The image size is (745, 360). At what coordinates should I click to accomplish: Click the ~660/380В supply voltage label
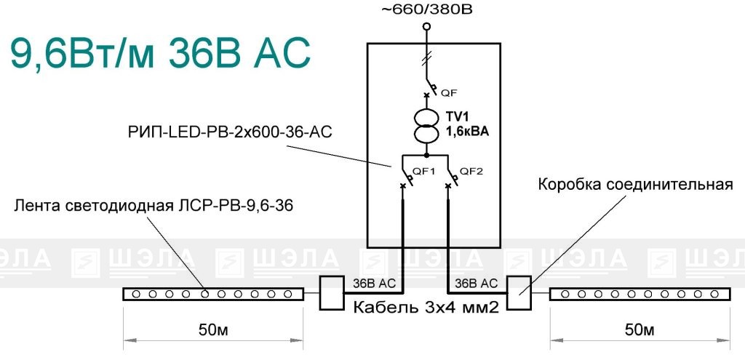point(426,9)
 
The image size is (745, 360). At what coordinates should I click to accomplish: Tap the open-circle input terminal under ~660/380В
point(426,26)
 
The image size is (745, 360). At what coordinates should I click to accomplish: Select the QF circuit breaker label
point(449,94)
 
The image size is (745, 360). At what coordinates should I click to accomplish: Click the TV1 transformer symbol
point(426,125)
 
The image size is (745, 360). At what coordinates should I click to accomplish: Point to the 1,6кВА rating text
point(467,134)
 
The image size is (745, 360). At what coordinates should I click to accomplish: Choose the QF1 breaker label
point(424,172)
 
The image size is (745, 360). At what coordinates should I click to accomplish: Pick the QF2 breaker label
point(471,172)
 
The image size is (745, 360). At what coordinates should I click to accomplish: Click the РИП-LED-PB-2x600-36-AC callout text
point(229,132)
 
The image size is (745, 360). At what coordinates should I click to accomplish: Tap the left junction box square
point(331,293)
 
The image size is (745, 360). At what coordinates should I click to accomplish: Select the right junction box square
point(518,293)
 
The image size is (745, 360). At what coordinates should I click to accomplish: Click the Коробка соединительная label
point(636,184)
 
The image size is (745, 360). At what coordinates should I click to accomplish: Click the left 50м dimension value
point(213,329)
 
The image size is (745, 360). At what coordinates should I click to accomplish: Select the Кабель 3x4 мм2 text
point(426,308)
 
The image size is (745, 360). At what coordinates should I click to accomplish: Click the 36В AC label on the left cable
point(375,284)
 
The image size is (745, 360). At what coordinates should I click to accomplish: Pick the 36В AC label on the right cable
point(476,284)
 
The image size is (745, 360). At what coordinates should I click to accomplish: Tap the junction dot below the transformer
point(426,156)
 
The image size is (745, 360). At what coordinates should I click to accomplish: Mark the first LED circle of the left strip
point(136,294)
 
